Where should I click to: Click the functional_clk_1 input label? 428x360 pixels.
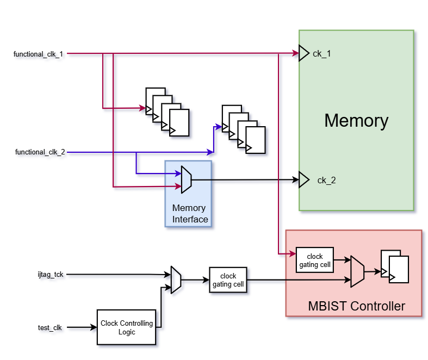click(38, 54)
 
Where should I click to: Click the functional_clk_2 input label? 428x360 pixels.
click(40, 152)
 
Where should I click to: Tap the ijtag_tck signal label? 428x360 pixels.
click(47, 274)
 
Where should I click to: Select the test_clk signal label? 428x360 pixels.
click(49, 327)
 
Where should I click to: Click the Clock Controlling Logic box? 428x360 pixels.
click(127, 327)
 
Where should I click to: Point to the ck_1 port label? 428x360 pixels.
click(322, 54)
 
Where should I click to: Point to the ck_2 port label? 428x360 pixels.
click(326, 180)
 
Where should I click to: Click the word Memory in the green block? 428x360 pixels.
click(356, 120)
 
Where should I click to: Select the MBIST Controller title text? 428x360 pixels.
click(356, 306)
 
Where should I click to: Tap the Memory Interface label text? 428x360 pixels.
click(189, 214)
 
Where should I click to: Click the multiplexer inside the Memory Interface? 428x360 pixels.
click(186, 179)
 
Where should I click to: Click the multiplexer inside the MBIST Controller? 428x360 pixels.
click(357, 271)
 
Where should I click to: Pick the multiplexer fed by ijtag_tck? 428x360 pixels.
click(176, 280)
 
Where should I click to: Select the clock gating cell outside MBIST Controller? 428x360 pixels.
click(228, 280)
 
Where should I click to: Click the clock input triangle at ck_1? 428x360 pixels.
click(303, 53)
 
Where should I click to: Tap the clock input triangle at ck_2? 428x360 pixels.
click(303, 179)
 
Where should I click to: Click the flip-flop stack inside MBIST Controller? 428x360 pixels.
click(395, 266)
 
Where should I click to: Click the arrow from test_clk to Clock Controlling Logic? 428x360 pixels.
click(82, 327)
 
